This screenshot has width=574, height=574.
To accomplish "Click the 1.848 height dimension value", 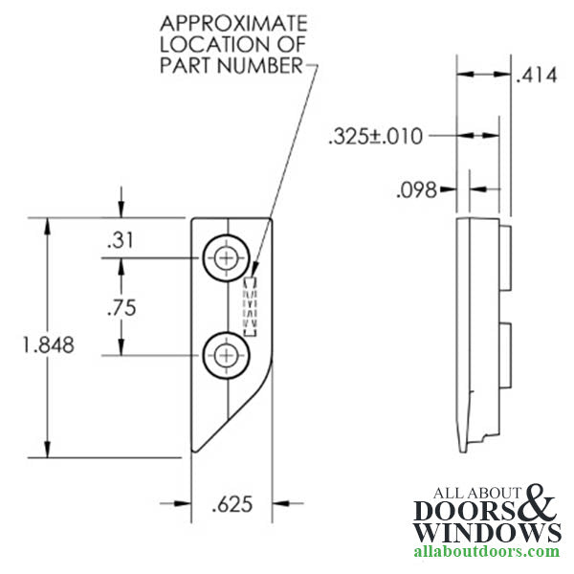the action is [x=49, y=344].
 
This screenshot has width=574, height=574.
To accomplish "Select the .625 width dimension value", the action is [x=232, y=504].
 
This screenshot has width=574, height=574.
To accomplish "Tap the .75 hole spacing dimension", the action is [x=121, y=307].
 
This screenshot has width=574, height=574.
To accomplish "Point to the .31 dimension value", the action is [x=121, y=240].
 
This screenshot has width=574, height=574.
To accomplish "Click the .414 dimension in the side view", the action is [x=537, y=76].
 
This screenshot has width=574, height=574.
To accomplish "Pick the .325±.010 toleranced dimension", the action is [x=376, y=137].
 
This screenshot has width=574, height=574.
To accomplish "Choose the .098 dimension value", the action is [x=416, y=190].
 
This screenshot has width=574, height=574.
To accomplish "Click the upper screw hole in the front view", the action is [x=226, y=258].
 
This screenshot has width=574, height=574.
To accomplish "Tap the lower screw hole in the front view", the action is [x=226, y=355].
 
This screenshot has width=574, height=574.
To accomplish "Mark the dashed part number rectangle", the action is [x=250, y=307].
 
